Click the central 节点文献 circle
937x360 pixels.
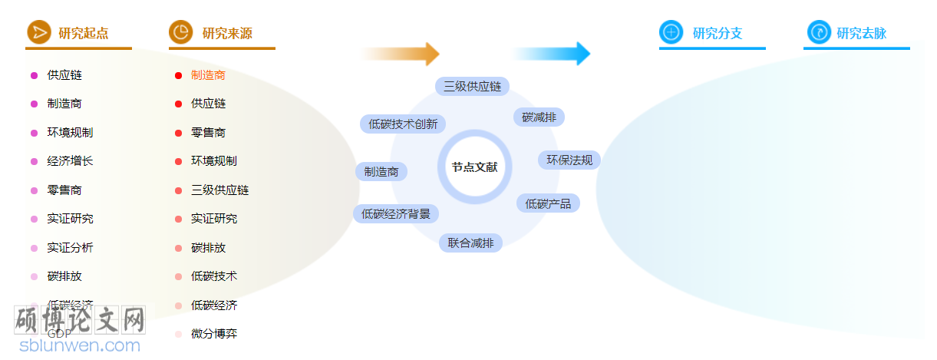[x=474, y=167]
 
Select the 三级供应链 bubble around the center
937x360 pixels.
[x=472, y=86]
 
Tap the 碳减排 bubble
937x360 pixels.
[x=539, y=117]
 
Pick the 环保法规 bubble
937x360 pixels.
[x=569, y=160]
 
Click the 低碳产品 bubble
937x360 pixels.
[x=548, y=203]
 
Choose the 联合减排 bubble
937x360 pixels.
[x=470, y=243]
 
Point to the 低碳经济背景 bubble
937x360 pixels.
[x=396, y=213]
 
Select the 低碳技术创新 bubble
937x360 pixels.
[x=403, y=124]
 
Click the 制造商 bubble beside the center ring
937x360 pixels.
[x=381, y=171]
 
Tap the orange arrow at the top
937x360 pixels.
[x=401, y=54]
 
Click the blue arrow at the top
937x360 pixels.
[x=551, y=54]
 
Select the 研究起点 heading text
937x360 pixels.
[x=83, y=33]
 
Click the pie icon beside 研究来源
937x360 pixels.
[x=180, y=32]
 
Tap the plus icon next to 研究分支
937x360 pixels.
[x=671, y=32]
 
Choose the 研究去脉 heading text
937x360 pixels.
[x=861, y=33]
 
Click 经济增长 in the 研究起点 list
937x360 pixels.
[x=70, y=161]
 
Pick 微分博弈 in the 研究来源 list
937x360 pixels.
[x=214, y=334]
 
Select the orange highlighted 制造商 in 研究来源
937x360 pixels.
[x=208, y=75]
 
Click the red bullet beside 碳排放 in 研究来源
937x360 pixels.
[x=178, y=248]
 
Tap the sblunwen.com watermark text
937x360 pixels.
[x=80, y=345]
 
